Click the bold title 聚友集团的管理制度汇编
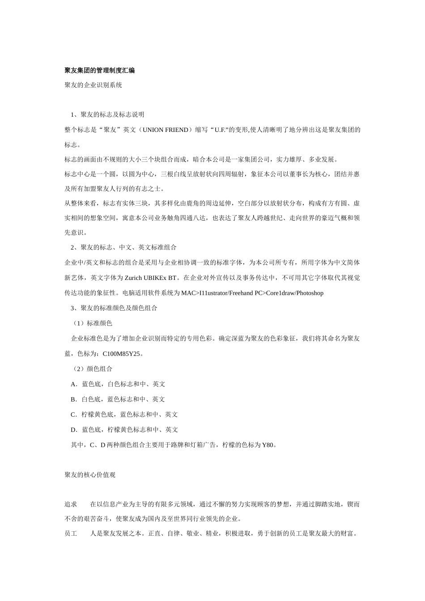click(x=99, y=70)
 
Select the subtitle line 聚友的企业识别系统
click(x=93, y=85)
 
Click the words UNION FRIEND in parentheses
click(x=166, y=130)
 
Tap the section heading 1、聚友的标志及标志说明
click(x=107, y=114)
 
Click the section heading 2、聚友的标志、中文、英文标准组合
click(x=123, y=247)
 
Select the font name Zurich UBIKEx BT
click(x=147, y=278)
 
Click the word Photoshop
click(x=308, y=293)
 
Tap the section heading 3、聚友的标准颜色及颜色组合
click(x=114, y=308)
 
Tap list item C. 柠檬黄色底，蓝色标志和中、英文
click(x=124, y=415)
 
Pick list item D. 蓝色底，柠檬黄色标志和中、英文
click(x=124, y=430)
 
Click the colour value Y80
click(x=268, y=445)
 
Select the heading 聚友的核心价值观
click(x=90, y=475)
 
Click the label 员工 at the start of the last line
click(x=71, y=533)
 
